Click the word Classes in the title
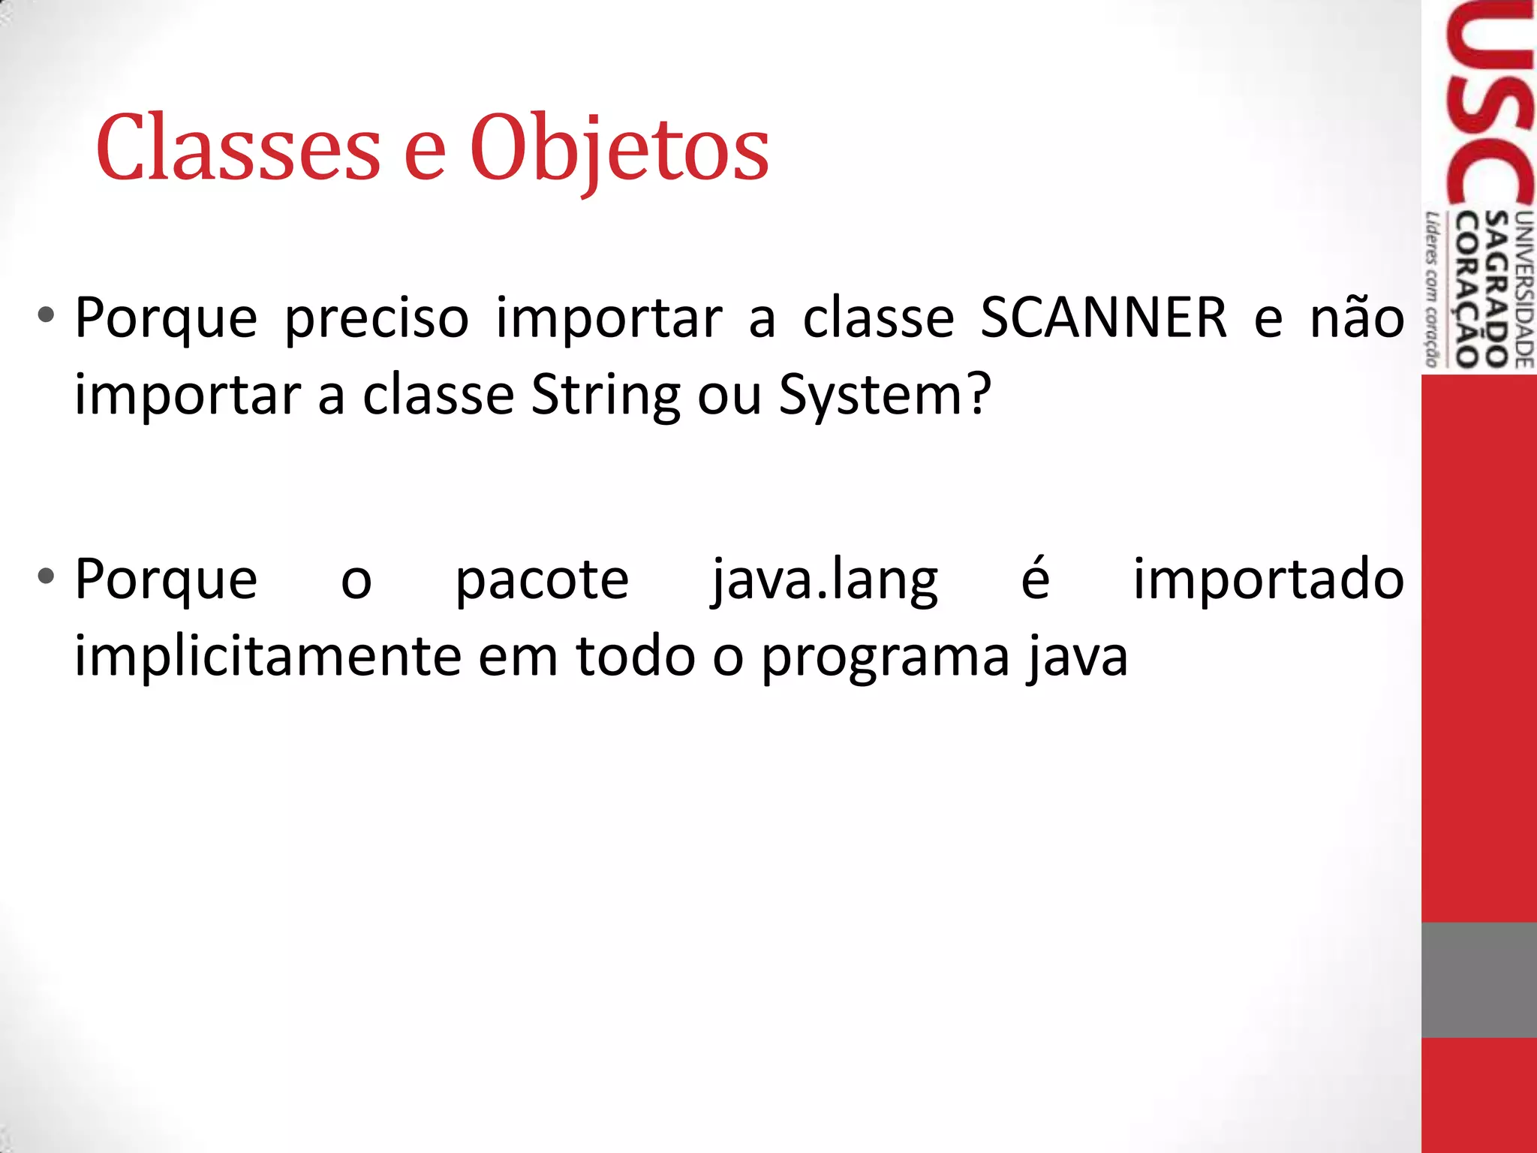tap(238, 148)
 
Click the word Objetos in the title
tap(619, 150)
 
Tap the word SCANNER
tap(1103, 318)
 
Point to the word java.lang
tap(825, 580)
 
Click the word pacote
tap(542, 580)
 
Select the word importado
tap(1268, 580)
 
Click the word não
tap(1357, 318)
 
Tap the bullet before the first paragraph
tap(47, 315)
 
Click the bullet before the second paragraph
tap(47, 576)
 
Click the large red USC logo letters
tap(1490, 105)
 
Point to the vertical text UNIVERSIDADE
tap(1524, 290)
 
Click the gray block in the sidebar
tap(1478, 980)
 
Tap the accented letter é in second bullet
tap(1036, 579)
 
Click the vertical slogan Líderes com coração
tap(1432, 290)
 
